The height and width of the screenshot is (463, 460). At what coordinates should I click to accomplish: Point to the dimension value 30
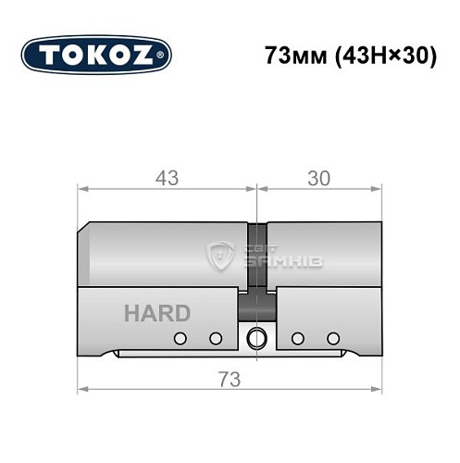[318, 176]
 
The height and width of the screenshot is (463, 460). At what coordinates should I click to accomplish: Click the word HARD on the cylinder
[156, 312]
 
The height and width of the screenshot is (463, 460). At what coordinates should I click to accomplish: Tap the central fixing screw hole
[256, 337]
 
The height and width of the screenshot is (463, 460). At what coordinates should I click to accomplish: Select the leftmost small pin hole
[181, 338]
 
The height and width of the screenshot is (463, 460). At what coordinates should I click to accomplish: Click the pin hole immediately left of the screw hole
[216, 338]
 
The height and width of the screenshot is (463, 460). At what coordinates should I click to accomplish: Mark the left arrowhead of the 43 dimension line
[82, 188]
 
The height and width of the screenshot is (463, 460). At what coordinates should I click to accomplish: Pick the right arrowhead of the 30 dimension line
[378, 188]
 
